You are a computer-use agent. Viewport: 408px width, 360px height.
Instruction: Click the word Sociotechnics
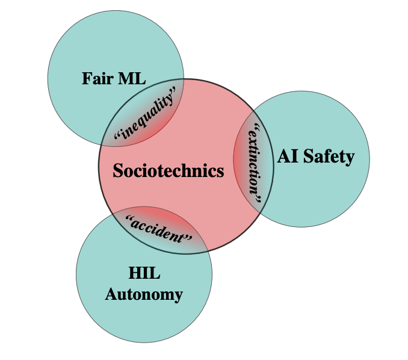point(168,170)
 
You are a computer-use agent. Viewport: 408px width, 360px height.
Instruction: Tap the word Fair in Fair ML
point(97,78)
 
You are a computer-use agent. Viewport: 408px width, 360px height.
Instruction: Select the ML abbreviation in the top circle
point(132,78)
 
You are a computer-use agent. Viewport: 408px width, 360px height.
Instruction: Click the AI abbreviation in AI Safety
point(288,156)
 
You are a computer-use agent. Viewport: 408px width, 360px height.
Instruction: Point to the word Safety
point(329,157)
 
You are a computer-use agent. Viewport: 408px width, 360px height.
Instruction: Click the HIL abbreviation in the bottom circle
point(144,273)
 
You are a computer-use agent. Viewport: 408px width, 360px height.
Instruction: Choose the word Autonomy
point(144,296)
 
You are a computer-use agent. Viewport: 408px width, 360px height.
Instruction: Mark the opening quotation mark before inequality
point(117,135)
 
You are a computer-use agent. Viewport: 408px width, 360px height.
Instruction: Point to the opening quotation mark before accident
point(129,218)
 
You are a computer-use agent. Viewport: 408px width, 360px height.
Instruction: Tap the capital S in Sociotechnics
point(118,170)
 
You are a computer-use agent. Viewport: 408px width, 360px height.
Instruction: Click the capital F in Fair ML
point(87,78)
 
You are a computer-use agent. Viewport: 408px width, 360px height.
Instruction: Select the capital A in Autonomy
point(111,294)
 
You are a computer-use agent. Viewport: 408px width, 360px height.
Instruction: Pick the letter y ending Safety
point(350,159)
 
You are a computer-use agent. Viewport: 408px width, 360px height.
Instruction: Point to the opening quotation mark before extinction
point(258,126)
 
